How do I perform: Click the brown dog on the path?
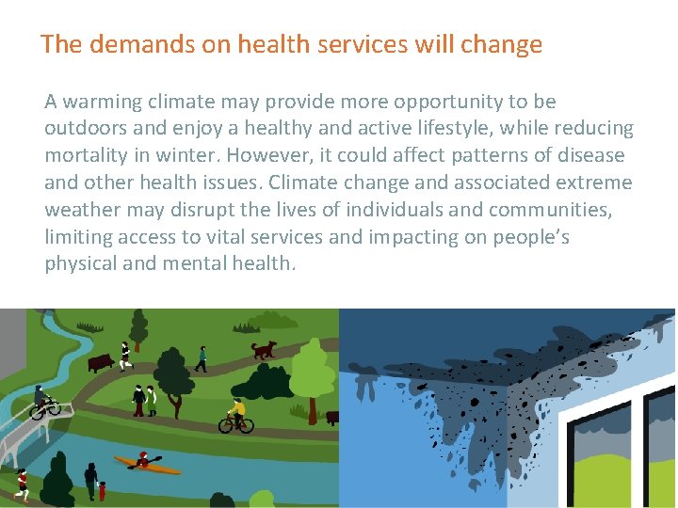(x=264, y=349)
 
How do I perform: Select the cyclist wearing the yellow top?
(x=235, y=416)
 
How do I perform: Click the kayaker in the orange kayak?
(x=144, y=461)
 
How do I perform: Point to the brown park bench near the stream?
(x=99, y=361)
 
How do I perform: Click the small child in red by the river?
(x=102, y=489)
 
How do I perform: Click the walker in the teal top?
(x=201, y=358)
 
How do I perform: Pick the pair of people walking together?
(x=145, y=399)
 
